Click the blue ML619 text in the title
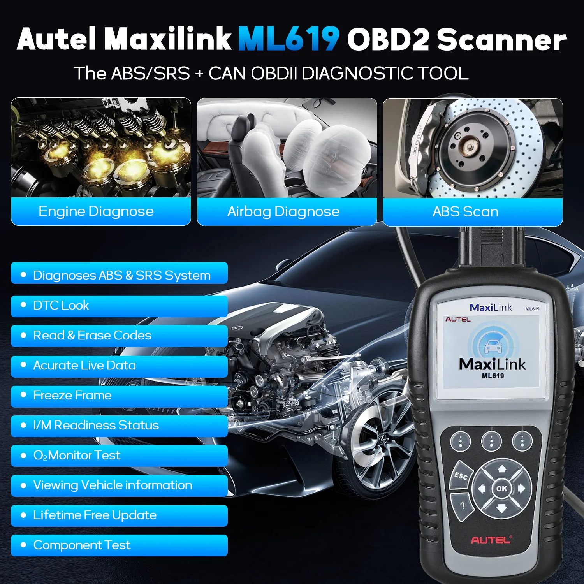click(x=288, y=39)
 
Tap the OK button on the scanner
click(x=501, y=489)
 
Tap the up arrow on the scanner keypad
click(x=502, y=468)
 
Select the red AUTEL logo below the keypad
click(x=491, y=540)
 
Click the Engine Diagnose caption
click(x=96, y=211)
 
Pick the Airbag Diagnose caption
click(x=283, y=211)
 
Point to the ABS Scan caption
click(x=466, y=211)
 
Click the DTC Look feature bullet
click(x=119, y=306)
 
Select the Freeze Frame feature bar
click(x=119, y=396)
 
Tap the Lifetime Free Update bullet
click(x=119, y=515)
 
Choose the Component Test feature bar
click(x=119, y=545)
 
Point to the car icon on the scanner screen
click(x=493, y=346)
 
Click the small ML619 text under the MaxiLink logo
click(x=493, y=376)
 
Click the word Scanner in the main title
click(x=501, y=40)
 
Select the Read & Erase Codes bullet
click(x=119, y=336)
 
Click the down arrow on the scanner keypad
click(x=501, y=508)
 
